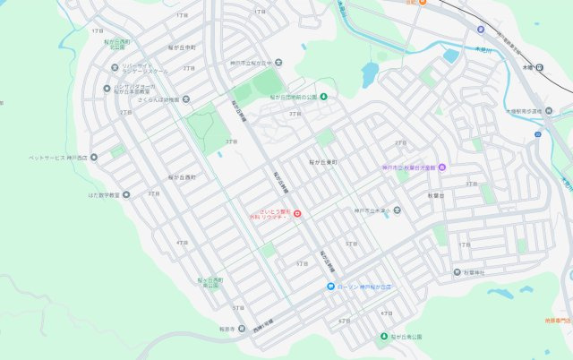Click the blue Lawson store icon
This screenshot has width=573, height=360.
329,287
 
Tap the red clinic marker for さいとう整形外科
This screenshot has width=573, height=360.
298,213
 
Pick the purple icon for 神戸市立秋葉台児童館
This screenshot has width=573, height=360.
441,167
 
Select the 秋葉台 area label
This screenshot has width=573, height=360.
436,194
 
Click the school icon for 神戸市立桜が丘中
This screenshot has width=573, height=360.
278,62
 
